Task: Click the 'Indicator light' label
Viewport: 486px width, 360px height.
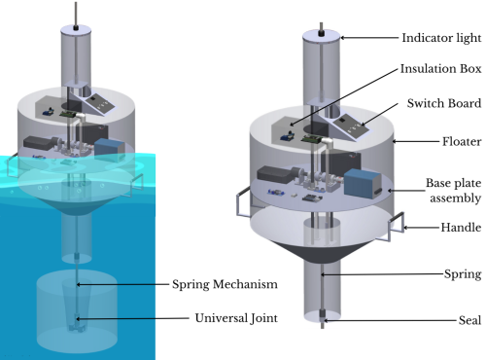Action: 441,38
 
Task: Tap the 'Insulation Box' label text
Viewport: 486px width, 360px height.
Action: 440,69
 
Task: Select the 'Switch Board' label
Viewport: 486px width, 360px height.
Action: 444,103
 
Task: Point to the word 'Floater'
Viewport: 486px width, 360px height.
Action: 462,141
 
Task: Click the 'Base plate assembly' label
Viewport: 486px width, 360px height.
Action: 454,191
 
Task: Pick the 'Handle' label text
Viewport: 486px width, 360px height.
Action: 461,228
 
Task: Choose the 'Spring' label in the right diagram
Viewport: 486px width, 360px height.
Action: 463,274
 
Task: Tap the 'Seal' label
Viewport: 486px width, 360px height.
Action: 469,320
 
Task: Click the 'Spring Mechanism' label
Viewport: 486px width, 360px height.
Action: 225,284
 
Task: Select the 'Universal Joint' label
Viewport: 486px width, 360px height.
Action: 236,318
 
